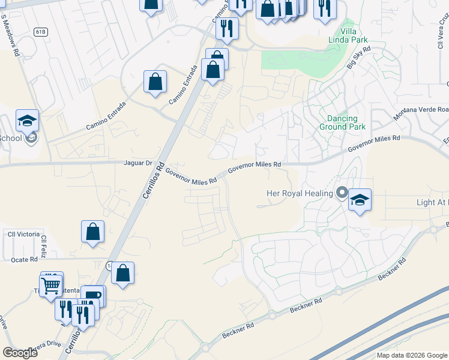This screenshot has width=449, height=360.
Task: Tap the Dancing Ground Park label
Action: pyautogui.click(x=342, y=122)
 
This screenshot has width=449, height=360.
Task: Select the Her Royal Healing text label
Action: pyautogui.click(x=300, y=193)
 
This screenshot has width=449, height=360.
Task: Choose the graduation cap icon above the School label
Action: pyautogui.click(x=27, y=121)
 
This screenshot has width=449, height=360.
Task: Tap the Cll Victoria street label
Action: pyautogui.click(x=24, y=233)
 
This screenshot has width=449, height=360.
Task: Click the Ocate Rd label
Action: pyautogui.click(x=25, y=259)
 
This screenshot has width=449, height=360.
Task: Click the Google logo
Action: pyautogui.click(x=20, y=353)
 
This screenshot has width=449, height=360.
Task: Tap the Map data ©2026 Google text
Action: pyautogui.click(x=412, y=355)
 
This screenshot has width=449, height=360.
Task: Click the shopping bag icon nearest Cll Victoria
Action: pyautogui.click(x=92, y=232)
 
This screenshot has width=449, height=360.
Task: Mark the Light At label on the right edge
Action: pyautogui.click(x=432, y=202)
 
